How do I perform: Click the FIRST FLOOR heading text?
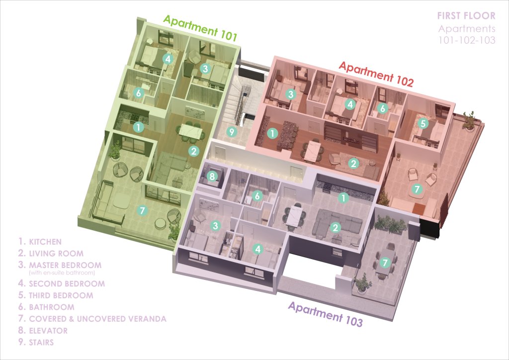pyautogui.click(x=466, y=15)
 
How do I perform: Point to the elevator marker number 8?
pyautogui.click(x=212, y=176)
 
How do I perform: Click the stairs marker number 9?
pyautogui.click(x=232, y=132)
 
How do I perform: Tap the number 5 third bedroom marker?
pyautogui.click(x=423, y=123)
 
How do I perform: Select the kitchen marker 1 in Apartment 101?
pyautogui.click(x=138, y=127)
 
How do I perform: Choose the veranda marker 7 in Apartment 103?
pyautogui.click(x=385, y=262)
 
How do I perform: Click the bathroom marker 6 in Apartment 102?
pyautogui.click(x=383, y=108)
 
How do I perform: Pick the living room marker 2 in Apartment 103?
pyautogui.click(x=335, y=228)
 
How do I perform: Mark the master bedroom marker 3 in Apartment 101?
pyautogui.click(x=204, y=69)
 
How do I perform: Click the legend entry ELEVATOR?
pyautogui.click(x=48, y=331)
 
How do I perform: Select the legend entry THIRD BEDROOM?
pyautogui.click(x=61, y=295)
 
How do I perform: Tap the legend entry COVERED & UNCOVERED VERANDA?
pyautogui.click(x=98, y=319)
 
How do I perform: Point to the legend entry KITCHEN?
pyautogui.click(x=45, y=242)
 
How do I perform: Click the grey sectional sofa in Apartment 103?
pyautogui.click(x=337, y=224)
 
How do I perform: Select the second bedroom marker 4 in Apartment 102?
pyautogui.click(x=350, y=104)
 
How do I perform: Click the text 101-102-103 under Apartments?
pyautogui.click(x=467, y=40)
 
